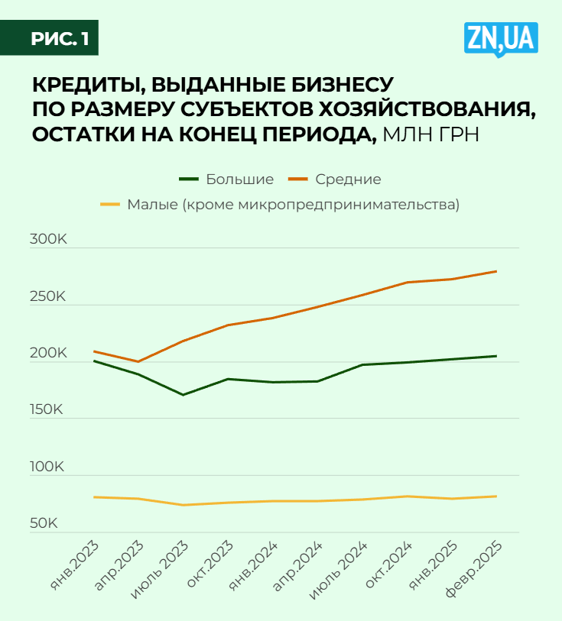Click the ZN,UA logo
point(501,39)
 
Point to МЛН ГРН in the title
point(431,134)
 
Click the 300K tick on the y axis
point(48,240)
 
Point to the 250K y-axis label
point(48,296)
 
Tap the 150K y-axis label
point(48,410)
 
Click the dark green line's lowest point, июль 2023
point(183,395)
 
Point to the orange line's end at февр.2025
point(496,271)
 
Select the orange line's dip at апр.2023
point(138,361)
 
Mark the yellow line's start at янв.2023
point(93,497)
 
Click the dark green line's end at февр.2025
point(496,356)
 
